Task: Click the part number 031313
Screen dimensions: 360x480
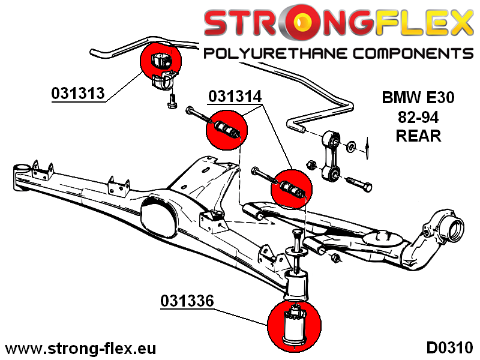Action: click(78, 94)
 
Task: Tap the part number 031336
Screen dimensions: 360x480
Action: click(187, 301)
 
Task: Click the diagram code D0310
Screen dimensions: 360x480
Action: click(449, 348)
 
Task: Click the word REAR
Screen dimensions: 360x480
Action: click(418, 136)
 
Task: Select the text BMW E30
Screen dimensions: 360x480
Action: click(418, 97)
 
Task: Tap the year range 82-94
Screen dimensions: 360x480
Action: click(418, 116)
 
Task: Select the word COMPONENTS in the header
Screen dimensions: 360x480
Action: click(413, 54)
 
